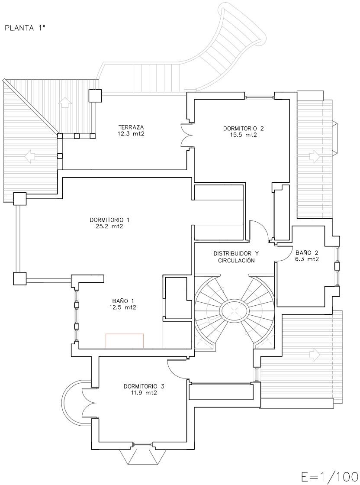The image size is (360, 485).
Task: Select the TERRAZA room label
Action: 132,127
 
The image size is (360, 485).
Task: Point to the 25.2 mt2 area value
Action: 109,226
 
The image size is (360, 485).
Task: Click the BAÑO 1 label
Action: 123,301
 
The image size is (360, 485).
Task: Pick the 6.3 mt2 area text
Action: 307,259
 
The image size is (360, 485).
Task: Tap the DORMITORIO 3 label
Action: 144,386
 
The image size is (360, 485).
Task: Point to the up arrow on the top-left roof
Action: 64,102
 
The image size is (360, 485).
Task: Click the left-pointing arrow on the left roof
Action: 30,156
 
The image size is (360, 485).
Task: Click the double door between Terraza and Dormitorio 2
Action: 186,135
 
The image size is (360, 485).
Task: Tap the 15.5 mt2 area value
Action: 244,135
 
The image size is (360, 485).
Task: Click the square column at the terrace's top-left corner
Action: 95,96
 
